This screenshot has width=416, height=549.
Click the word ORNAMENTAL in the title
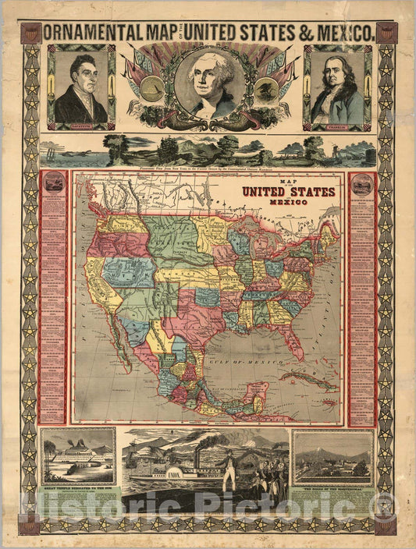[93, 34]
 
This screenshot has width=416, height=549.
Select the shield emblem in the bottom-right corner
[385, 524]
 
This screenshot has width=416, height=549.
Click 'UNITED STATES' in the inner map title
[288, 192]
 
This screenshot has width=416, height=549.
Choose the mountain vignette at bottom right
[332, 457]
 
